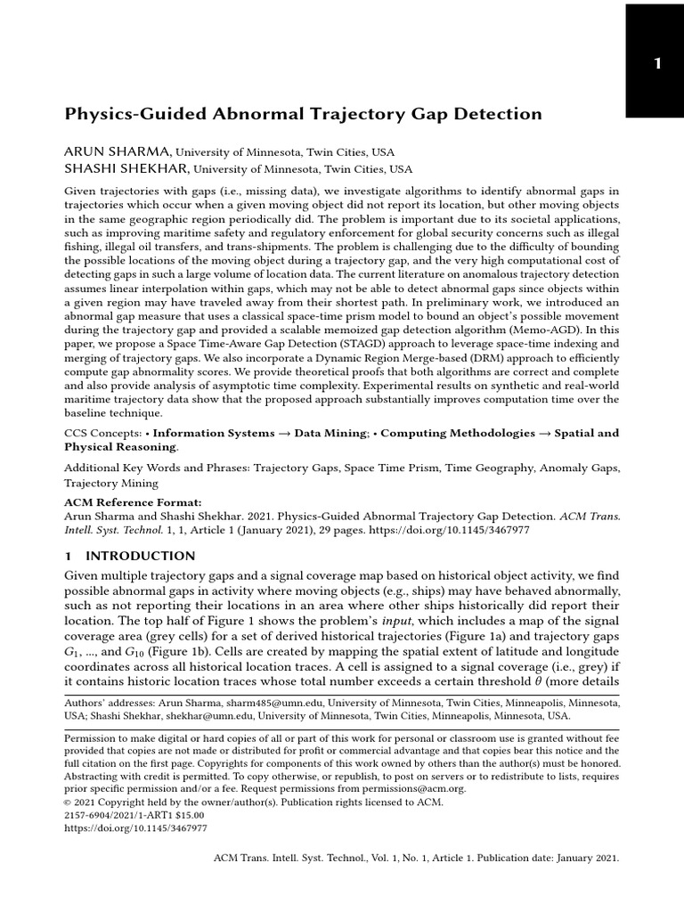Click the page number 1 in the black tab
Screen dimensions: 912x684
click(657, 63)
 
